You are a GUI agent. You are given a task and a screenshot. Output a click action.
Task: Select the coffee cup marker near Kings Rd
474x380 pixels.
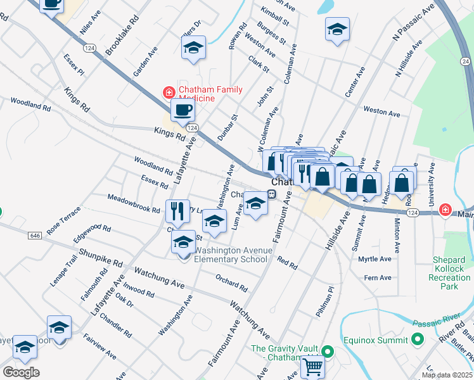(183, 111)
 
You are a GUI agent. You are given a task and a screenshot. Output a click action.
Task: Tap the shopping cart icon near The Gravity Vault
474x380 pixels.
(312, 365)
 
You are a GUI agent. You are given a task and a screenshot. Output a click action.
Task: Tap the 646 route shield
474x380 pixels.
(35, 236)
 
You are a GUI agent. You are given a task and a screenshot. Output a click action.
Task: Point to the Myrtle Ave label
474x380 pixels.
(375, 259)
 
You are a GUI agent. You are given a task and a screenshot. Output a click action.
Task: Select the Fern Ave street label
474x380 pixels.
(378, 277)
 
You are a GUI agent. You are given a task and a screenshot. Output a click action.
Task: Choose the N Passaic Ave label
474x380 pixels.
(413, 23)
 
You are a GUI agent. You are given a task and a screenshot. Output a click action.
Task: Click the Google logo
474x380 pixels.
(21, 372)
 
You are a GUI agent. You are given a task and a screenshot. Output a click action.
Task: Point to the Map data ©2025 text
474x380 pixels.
(446, 375)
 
